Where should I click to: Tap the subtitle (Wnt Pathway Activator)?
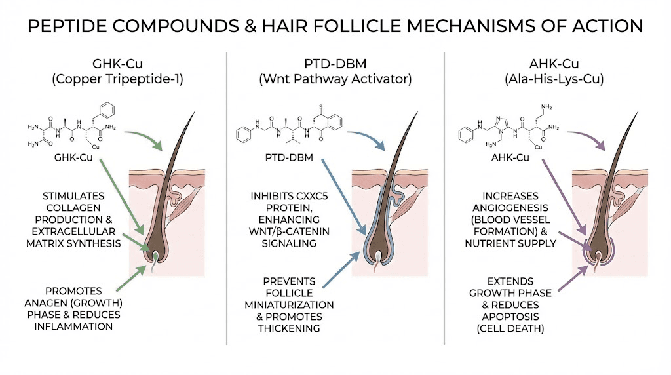[335, 80]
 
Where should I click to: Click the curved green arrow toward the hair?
[143, 138]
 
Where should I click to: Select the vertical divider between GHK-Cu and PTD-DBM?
[226, 197]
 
